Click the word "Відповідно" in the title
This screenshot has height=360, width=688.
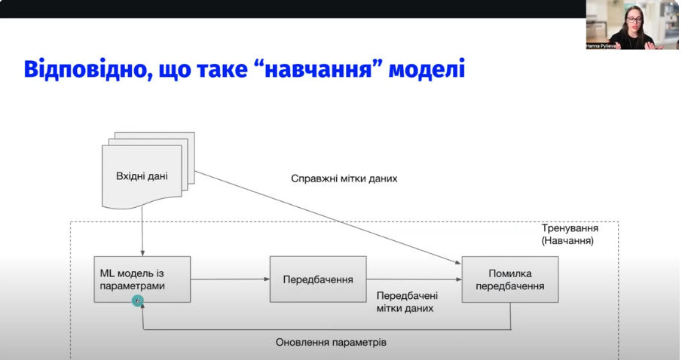[x=78, y=71]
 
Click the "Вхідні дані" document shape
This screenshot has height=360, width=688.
[x=142, y=177]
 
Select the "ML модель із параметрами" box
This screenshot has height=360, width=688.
[x=142, y=279]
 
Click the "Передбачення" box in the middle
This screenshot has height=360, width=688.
[x=317, y=279]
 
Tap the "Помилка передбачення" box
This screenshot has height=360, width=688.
[x=509, y=279]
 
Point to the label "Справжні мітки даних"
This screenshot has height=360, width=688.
[x=344, y=179]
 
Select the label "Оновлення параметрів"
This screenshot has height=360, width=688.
[x=331, y=342]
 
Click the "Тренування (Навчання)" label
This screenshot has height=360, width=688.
[x=567, y=234]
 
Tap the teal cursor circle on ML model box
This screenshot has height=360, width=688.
[x=137, y=301]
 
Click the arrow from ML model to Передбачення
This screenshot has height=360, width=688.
[x=230, y=279]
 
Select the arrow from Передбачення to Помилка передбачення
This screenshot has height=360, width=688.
[x=414, y=279]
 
